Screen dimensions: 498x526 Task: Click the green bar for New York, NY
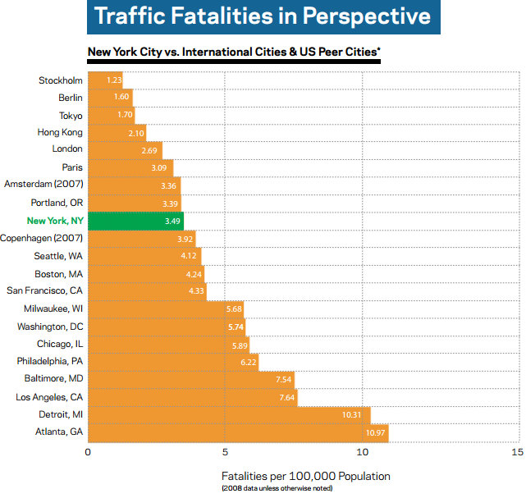pos(135,221)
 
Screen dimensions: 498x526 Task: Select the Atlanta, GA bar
pos(238,432)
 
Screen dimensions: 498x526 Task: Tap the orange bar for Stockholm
pos(105,80)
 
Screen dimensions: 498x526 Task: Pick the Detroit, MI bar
pos(229,415)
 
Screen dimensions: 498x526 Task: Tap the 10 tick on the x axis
pos(363,451)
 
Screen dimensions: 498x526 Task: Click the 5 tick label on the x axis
pos(225,451)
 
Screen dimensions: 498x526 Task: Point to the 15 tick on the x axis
pos(515,451)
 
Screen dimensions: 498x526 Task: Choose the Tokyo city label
pos(71,115)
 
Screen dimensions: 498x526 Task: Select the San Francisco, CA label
pos(44,291)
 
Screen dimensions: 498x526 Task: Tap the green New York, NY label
pos(54,221)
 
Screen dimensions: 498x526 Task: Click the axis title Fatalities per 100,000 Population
pos(305,476)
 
